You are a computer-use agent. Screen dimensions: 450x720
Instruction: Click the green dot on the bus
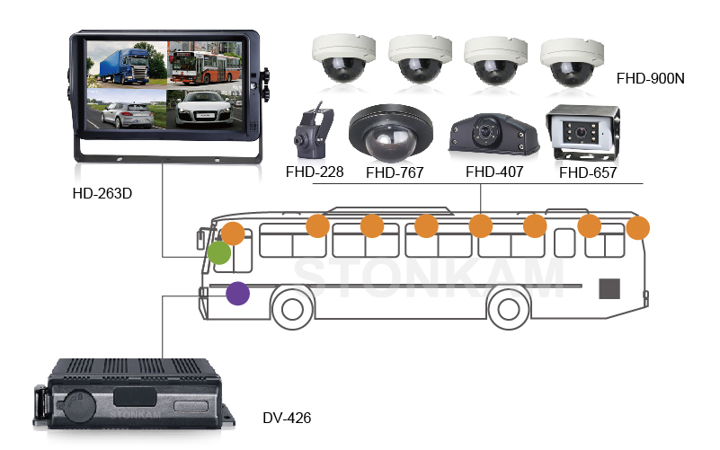point(219,252)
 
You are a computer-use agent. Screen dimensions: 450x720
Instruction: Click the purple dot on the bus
point(237,293)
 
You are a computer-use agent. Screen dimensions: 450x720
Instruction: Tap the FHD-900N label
point(651,78)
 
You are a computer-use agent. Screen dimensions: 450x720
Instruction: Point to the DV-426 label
point(287,418)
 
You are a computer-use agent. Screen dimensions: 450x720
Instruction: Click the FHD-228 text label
point(315,171)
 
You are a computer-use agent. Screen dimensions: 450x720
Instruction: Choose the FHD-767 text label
point(396,172)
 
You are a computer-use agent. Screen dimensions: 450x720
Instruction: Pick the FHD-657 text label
point(588,172)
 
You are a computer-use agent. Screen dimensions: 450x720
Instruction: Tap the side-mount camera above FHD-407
point(493,134)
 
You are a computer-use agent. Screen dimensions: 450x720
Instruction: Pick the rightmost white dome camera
point(573,59)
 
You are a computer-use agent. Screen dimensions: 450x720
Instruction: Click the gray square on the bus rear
point(610,288)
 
